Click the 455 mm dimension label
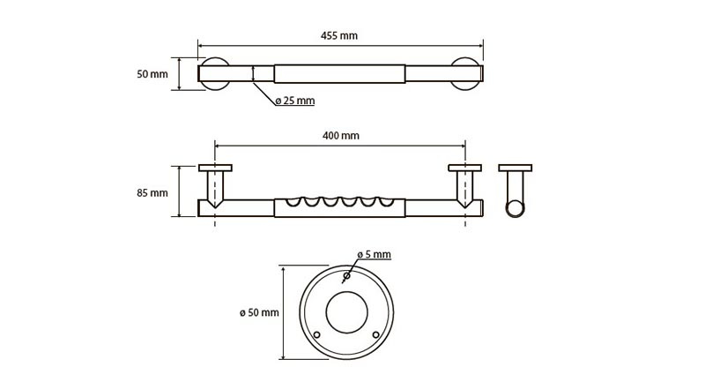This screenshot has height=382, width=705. (339, 35)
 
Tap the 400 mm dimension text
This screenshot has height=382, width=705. (341, 136)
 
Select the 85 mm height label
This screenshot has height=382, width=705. (152, 193)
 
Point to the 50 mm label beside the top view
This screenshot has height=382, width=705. (152, 74)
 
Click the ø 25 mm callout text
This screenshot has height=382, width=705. (295, 101)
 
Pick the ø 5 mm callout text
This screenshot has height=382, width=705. (374, 255)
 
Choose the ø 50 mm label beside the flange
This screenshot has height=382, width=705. (259, 312)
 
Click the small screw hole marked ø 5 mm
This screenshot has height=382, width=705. (346, 275)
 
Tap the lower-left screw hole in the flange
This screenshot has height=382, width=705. (317, 334)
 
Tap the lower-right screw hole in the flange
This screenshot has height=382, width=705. (376, 334)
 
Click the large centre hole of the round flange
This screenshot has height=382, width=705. (346, 312)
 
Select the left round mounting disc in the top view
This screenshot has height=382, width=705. (214, 74)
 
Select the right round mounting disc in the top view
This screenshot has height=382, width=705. (466, 74)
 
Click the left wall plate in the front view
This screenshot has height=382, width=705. (215, 168)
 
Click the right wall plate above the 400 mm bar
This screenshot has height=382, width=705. (465, 168)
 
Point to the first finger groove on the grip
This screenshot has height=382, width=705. (293, 201)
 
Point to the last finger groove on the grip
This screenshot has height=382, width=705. (386, 201)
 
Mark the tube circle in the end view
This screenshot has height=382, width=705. (515, 209)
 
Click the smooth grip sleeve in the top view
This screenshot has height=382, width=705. (340, 74)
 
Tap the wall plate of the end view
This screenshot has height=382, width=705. (516, 168)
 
